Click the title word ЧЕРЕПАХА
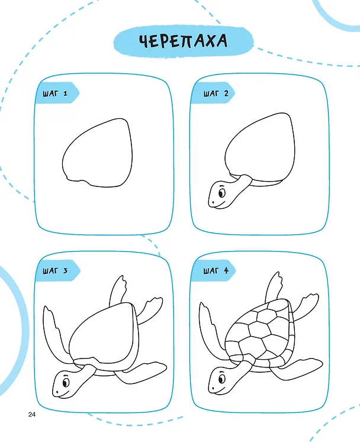click(x=183, y=41)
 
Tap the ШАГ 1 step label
click(x=55, y=93)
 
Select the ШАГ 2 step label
click(x=216, y=93)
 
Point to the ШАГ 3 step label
click(x=55, y=270)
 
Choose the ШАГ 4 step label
click(x=216, y=270)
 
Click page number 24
click(x=32, y=414)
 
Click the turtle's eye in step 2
click(x=221, y=194)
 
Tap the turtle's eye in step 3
click(x=66, y=383)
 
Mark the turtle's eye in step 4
click(x=221, y=379)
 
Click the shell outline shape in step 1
click(x=62, y=162)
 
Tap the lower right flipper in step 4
click(x=298, y=369)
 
